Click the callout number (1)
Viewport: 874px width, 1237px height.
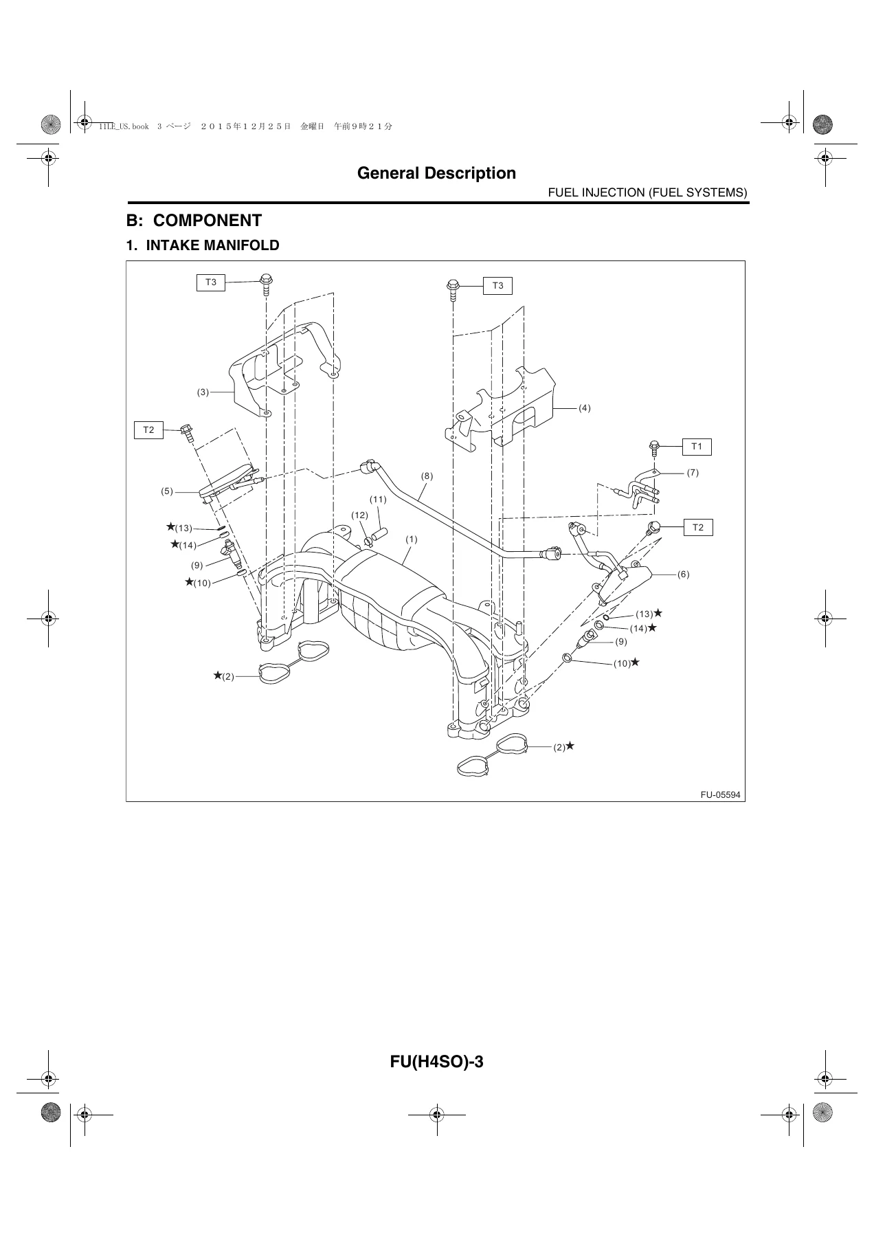[411, 539]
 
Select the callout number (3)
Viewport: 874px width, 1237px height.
[203, 392]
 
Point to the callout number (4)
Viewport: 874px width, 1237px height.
[584, 408]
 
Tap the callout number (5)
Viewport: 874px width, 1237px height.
[167, 491]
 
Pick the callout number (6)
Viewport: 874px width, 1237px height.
[683, 574]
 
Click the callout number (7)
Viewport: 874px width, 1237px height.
[693, 473]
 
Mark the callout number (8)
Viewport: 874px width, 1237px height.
[427, 476]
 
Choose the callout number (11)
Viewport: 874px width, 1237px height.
[378, 500]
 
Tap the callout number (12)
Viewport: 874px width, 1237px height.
[360, 515]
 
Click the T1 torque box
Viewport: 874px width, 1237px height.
[697, 447]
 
